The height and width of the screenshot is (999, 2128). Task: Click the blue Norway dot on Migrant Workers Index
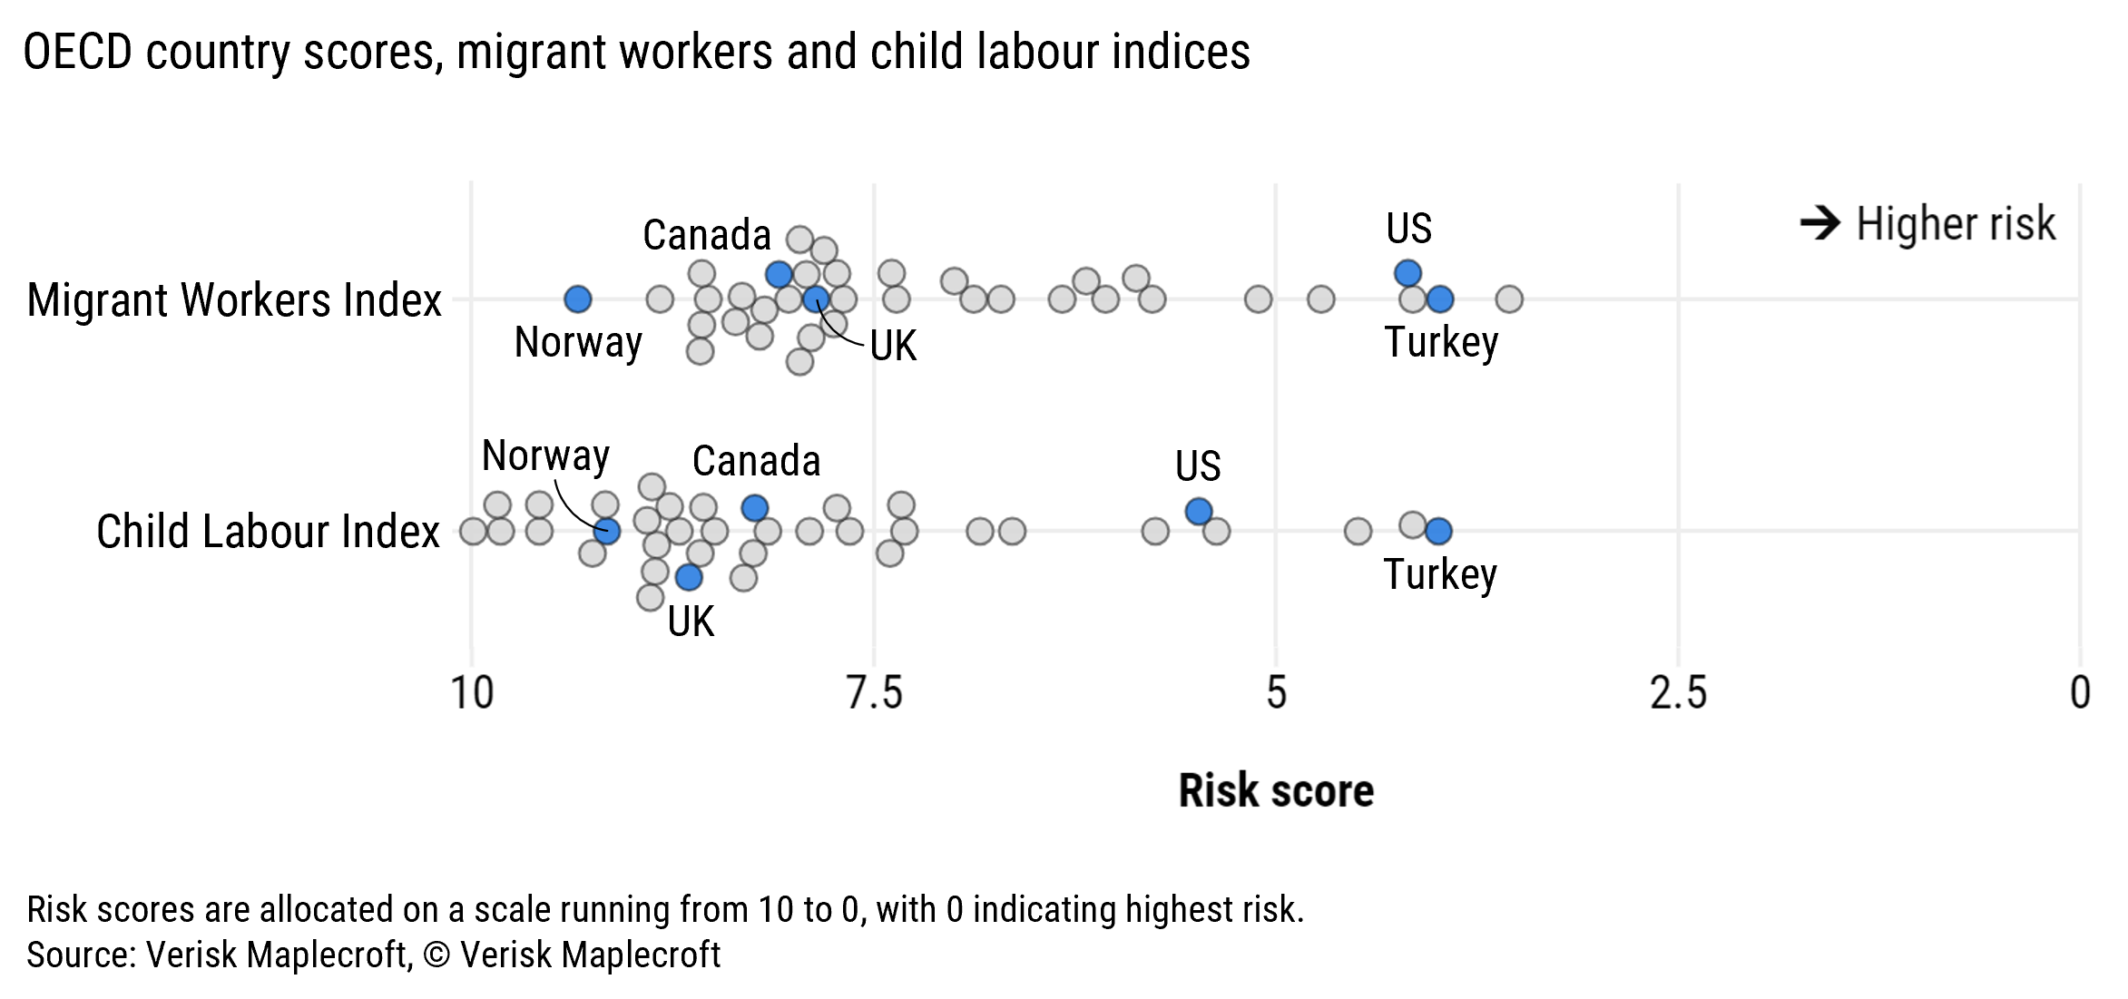[x=578, y=299]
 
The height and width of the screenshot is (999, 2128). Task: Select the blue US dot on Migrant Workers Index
[x=1407, y=272]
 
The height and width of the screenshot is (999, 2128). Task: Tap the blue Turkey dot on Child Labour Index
[x=1438, y=531]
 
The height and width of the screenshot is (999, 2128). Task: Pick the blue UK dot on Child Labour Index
[x=689, y=577]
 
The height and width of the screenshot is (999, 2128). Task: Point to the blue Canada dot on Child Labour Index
[x=754, y=508]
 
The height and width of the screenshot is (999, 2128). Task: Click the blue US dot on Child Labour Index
[x=1199, y=512]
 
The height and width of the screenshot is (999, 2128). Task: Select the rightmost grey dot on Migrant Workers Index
[x=1508, y=299]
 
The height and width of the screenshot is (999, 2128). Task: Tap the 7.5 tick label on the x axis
[x=874, y=693]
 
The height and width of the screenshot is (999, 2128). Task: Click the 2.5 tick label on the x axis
[x=1678, y=693]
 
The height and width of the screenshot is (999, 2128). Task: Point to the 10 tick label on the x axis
[x=472, y=693]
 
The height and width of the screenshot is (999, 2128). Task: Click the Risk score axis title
[x=1275, y=790]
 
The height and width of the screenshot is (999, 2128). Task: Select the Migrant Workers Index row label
[x=234, y=300]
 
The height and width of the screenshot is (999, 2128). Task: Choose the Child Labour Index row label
[x=268, y=532]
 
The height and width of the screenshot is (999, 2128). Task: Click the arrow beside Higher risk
[x=1819, y=223]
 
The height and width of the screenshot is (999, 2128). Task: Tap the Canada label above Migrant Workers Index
[x=706, y=235]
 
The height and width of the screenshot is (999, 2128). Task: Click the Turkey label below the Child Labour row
[x=1439, y=574]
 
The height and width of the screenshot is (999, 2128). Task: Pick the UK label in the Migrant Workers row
[x=893, y=346]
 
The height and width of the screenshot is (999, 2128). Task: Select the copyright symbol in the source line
[x=436, y=955]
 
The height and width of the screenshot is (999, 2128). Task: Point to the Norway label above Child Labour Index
[x=545, y=455]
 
